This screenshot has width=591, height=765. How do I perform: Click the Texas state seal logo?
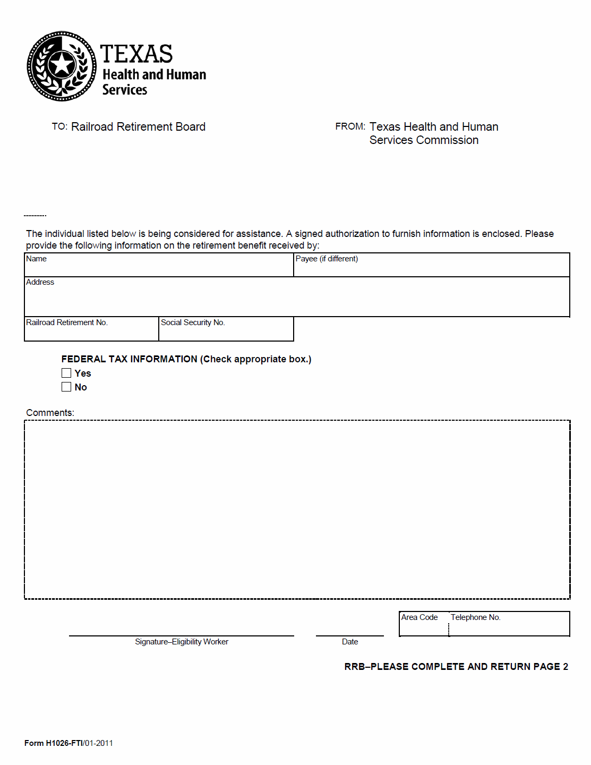click(62, 66)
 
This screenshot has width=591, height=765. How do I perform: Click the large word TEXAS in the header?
click(136, 54)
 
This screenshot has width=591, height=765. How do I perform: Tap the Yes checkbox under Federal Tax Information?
click(66, 373)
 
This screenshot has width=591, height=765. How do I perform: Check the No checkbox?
click(66, 387)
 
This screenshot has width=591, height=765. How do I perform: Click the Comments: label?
click(50, 413)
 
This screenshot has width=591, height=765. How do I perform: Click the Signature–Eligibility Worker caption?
click(182, 642)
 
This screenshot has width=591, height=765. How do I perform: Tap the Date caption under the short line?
click(350, 642)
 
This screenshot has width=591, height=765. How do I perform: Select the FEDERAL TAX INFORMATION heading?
click(129, 359)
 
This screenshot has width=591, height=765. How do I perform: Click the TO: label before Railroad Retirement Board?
click(59, 126)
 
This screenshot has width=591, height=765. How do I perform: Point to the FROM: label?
click(350, 126)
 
